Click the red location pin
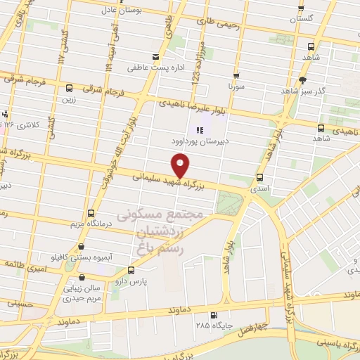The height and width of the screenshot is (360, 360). (x=181, y=166)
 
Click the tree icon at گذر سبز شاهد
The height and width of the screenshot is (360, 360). (x=303, y=80)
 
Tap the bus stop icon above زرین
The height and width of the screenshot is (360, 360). (x=68, y=89)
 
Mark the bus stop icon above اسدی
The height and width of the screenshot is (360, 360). (x=260, y=178)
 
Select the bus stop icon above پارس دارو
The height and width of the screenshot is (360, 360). (x=131, y=269)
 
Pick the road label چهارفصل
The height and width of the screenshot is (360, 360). (x=271, y=326)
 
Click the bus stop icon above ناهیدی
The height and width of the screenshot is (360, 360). (x=321, y=128)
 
